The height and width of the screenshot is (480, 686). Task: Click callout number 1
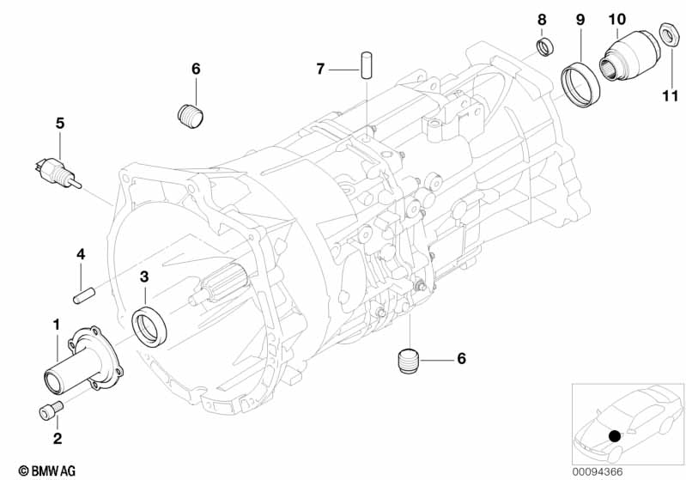tap(57, 325)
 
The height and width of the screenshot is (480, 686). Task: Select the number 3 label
tap(144, 276)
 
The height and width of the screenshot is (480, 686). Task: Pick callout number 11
tap(669, 95)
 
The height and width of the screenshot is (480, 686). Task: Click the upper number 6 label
tap(195, 68)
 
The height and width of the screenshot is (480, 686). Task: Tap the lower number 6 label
tap(461, 358)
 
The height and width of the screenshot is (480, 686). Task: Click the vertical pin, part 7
tap(366, 65)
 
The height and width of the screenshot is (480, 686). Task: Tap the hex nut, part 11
tap(666, 35)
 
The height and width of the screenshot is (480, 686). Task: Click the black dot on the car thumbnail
tap(616, 436)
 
